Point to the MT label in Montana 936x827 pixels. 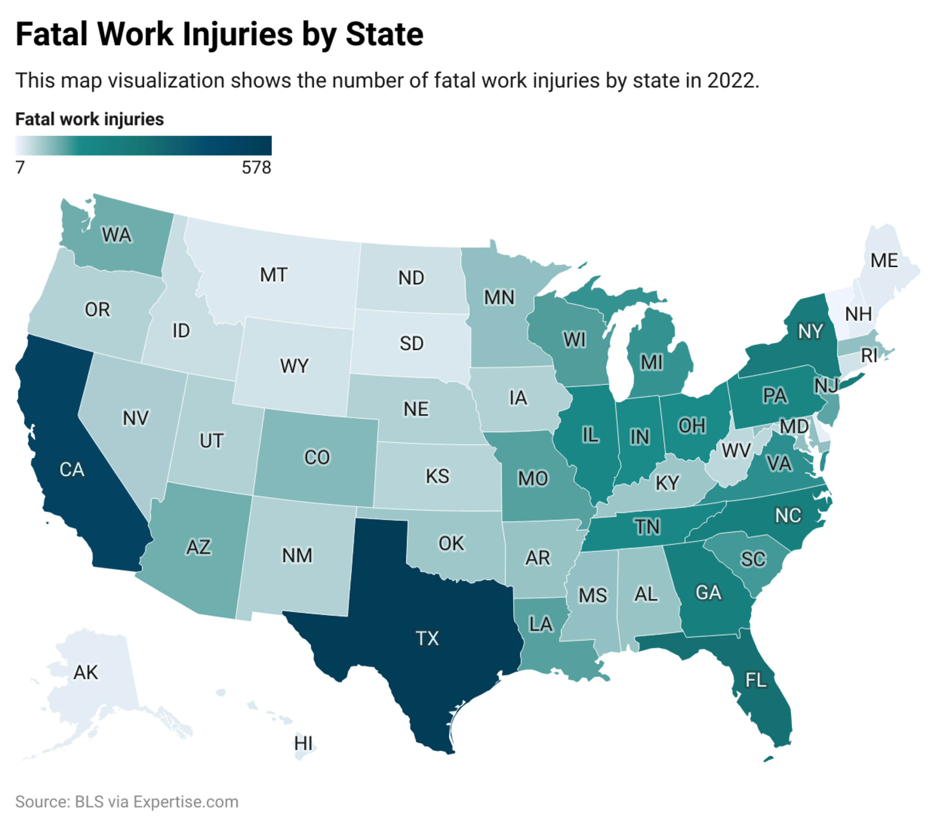(x=273, y=275)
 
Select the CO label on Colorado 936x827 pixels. (x=317, y=457)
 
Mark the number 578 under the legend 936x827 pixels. (x=256, y=168)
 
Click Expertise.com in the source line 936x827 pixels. (x=185, y=802)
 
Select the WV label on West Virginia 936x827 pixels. (x=736, y=450)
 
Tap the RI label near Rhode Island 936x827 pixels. (x=869, y=356)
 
